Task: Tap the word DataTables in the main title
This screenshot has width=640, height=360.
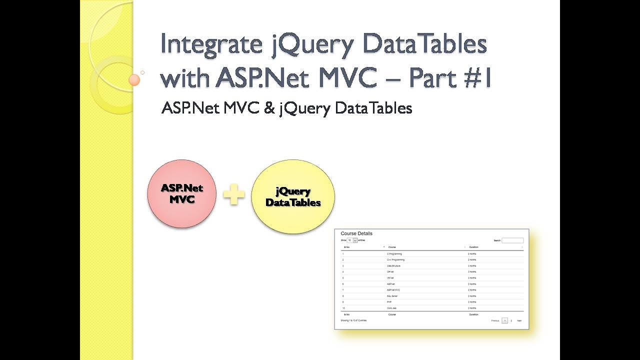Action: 424,44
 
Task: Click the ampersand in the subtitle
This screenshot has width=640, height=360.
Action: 270,108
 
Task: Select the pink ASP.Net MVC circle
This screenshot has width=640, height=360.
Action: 182,193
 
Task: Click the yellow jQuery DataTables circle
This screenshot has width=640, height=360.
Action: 293,196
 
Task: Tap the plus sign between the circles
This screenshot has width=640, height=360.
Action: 234,195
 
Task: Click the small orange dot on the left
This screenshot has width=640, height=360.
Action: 134,80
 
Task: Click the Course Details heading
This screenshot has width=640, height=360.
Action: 356,233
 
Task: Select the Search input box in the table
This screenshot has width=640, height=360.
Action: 512,240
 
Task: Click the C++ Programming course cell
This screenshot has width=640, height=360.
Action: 395,260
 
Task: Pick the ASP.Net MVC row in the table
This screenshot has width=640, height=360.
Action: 394,290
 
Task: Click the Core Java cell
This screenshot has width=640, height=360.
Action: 393,308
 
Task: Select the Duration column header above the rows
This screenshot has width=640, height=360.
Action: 473,247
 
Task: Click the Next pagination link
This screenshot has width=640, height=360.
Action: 519,320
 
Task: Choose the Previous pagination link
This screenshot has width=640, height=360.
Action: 495,320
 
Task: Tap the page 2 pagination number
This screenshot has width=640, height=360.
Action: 511,320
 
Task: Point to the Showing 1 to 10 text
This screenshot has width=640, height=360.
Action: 353,320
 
